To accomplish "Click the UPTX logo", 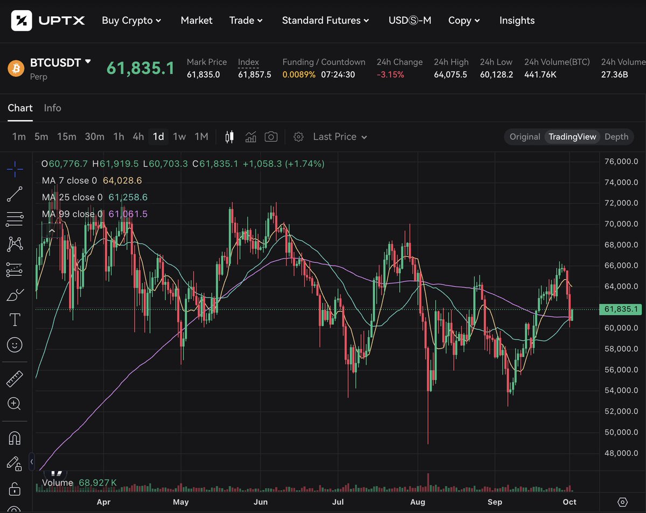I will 48,20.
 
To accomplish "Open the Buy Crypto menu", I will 131,20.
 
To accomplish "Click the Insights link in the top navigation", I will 517,20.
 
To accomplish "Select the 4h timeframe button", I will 138,137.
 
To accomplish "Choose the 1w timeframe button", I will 179,137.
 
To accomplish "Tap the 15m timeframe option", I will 67,137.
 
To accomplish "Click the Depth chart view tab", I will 616,137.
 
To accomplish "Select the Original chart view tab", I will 525,137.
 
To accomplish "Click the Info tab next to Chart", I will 52,108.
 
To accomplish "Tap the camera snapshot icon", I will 271,137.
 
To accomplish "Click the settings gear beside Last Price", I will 298,137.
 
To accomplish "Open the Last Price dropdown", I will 340,137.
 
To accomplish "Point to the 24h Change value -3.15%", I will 390,74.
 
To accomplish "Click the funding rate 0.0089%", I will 299,74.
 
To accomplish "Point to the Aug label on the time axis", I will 418,502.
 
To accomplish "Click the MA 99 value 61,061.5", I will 128,214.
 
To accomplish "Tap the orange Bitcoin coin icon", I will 16,68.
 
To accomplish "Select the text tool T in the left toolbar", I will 15,320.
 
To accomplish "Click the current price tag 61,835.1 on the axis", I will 621,309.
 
